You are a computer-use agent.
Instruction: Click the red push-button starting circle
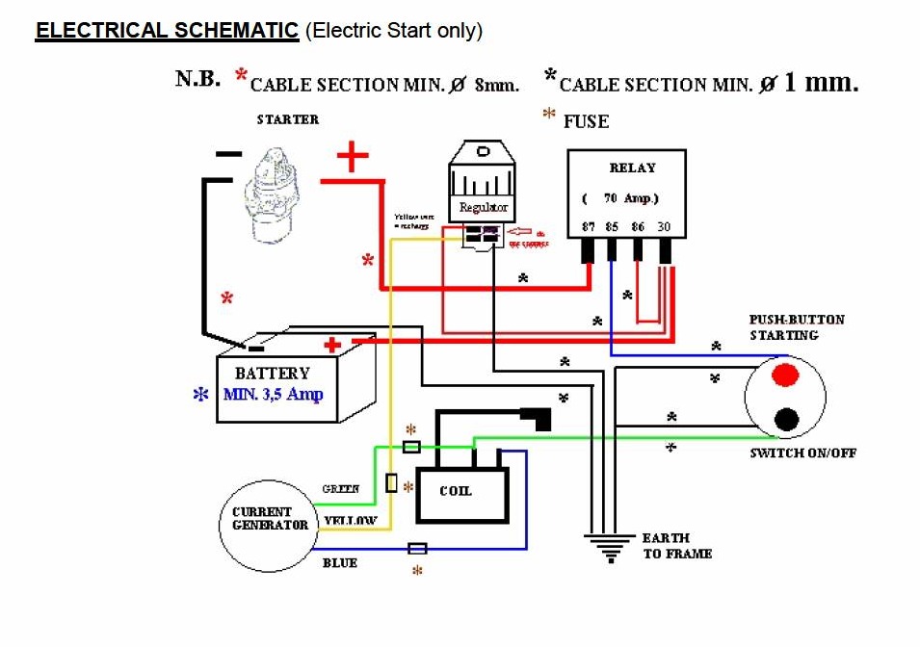[x=786, y=373]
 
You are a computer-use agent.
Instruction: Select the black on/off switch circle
[x=786, y=419]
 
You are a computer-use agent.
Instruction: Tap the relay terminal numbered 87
[x=589, y=228]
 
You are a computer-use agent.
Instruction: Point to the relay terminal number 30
[x=664, y=228]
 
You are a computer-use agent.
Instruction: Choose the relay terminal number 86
[x=638, y=228]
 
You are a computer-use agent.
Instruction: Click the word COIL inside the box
[x=455, y=491]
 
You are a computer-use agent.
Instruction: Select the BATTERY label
[x=273, y=373]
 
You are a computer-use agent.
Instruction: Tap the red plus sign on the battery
[x=332, y=345]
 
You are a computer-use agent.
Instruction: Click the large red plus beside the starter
[x=353, y=156]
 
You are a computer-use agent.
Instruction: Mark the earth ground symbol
[x=607, y=549]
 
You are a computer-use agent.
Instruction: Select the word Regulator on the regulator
[x=483, y=208]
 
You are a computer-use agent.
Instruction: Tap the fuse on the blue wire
[x=418, y=549]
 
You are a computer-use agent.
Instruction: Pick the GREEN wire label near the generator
[x=341, y=489]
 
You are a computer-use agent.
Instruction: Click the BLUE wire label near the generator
[x=339, y=563]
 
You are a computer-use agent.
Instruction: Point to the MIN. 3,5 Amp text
[x=274, y=394]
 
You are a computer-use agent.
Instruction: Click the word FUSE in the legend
[x=586, y=122]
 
